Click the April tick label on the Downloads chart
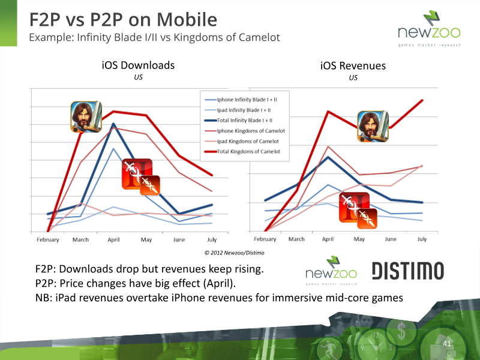coord(113,239)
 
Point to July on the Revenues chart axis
coord(422,239)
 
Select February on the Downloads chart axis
coord(48,239)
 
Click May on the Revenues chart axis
coord(359,239)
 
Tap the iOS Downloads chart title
coord(138,65)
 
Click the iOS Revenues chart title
coord(353,66)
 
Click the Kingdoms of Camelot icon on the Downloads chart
coord(86,116)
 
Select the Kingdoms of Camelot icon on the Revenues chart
coord(373,127)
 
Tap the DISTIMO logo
coord(408,271)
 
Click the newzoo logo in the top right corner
coord(429,28)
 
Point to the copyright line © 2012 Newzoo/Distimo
coord(234,253)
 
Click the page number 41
coord(447,343)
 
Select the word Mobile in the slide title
coord(187,20)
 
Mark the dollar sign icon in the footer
coord(401,331)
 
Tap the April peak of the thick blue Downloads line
coord(113,124)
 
